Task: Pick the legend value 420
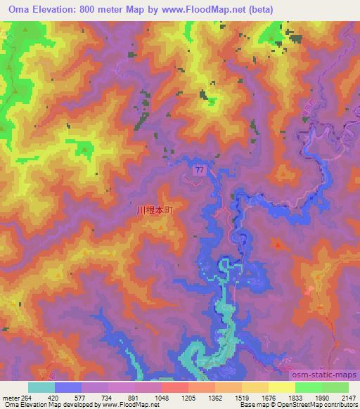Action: pos(55,397)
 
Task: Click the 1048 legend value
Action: pos(162,397)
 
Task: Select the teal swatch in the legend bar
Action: pos(41,387)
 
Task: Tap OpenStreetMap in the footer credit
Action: pos(300,405)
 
